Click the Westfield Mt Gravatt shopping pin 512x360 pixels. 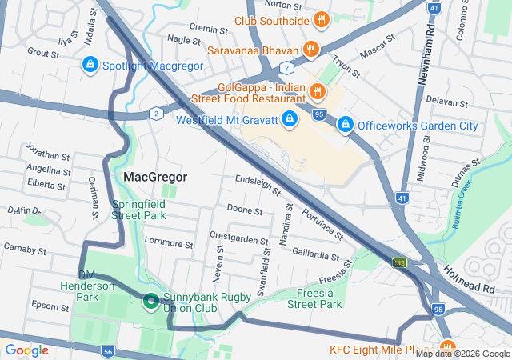point(289,121)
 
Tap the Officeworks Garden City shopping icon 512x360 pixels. point(346,125)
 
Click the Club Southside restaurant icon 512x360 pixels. point(321,19)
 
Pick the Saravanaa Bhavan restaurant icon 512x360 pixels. point(311,50)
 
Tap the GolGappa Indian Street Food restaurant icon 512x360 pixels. point(317,91)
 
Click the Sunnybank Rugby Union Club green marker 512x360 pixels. point(150,302)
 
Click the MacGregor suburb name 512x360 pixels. point(155,177)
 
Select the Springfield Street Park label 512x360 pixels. point(138,210)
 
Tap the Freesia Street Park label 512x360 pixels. point(314,298)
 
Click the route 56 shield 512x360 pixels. point(108,350)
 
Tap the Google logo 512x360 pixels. point(27,350)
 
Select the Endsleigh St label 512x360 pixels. point(257,185)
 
